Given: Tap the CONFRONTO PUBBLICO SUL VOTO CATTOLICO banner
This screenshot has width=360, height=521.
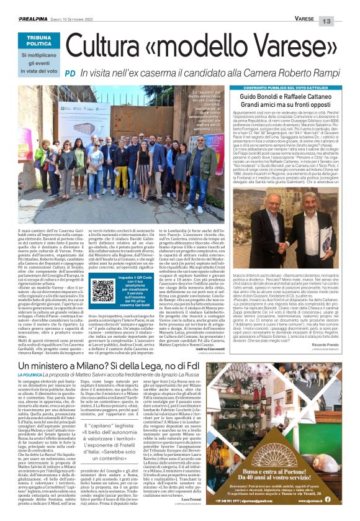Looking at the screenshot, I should (x=277, y=89).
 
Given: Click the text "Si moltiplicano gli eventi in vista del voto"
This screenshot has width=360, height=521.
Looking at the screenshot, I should (x=38, y=65).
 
